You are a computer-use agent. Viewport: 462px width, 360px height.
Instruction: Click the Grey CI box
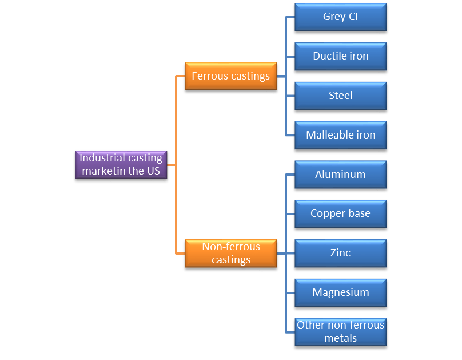click(x=340, y=17)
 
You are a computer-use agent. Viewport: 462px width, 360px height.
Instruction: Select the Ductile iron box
click(x=340, y=56)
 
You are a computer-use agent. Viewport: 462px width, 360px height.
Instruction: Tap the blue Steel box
click(x=340, y=96)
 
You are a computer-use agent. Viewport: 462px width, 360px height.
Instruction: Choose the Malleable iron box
click(x=340, y=135)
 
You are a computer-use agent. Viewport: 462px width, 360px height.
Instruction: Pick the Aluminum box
click(x=340, y=175)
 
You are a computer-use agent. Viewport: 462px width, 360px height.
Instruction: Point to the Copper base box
click(x=340, y=213)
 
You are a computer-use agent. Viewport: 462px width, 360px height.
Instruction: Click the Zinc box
click(x=340, y=253)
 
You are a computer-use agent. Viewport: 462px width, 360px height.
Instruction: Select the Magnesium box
click(x=340, y=292)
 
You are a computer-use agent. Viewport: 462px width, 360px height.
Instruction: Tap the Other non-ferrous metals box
click(x=340, y=331)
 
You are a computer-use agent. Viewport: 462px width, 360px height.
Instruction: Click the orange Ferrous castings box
click(x=230, y=76)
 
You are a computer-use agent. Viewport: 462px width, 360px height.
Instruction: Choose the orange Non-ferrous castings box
click(x=230, y=253)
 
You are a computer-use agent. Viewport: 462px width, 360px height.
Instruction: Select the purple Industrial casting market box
click(x=121, y=164)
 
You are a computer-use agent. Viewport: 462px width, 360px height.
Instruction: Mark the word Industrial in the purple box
click(x=103, y=158)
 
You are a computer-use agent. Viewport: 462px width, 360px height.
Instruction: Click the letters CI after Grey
click(x=353, y=17)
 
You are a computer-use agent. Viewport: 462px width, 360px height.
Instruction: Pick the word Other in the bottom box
click(x=309, y=325)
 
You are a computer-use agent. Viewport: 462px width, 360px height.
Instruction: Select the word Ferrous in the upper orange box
click(x=209, y=76)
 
